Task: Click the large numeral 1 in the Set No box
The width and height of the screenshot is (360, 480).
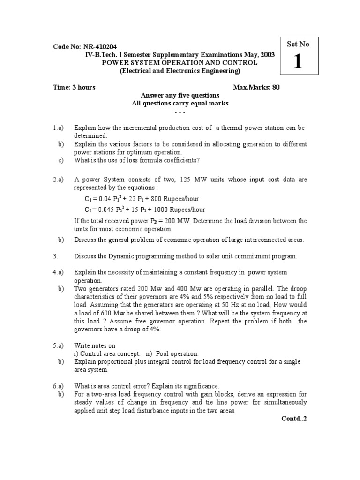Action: pos(298,62)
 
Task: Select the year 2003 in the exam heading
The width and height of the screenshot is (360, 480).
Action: pos(266,55)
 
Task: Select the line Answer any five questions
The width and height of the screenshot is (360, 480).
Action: pos(180,95)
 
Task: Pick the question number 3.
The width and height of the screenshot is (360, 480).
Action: pos(55,256)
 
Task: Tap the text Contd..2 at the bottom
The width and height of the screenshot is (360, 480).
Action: pos(294,418)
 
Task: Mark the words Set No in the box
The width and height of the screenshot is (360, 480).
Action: pos(298,44)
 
